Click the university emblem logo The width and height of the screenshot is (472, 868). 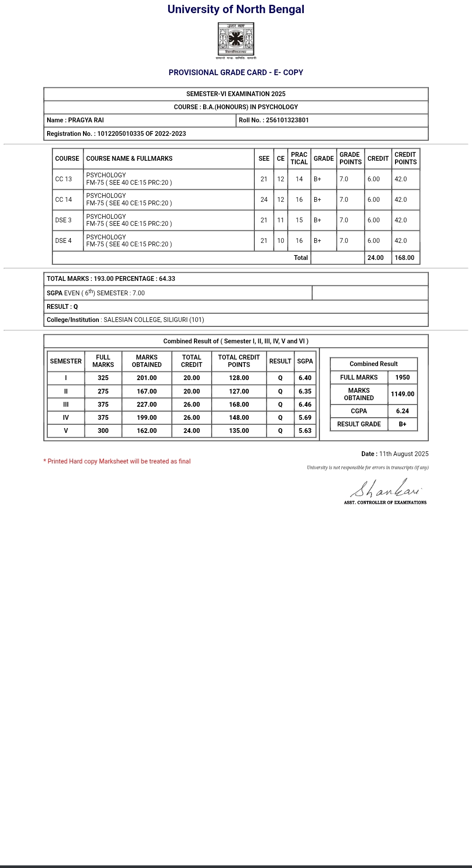point(236,40)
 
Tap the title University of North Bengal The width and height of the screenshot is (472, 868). point(236,10)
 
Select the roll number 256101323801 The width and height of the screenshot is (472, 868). point(287,120)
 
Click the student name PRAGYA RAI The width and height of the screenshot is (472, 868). point(86,120)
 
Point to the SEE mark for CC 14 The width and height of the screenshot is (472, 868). point(264,200)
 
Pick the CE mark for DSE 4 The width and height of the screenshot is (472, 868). point(281,241)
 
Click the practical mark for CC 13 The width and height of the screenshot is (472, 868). point(299,179)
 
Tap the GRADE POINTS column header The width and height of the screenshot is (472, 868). point(351,158)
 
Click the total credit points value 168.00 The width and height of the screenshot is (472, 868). point(404,258)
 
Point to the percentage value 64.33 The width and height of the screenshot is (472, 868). point(167,279)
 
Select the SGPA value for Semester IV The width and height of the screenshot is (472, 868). point(305,418)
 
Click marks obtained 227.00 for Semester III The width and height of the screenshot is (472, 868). point(147,405)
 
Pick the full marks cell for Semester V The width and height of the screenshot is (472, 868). point(103,431)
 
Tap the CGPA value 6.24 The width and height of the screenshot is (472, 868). point(403,411)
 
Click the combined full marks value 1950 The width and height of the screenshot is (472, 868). point(403,377)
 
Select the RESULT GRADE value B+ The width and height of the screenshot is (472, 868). point(403,424)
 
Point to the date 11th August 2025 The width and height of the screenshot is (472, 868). point(404,454)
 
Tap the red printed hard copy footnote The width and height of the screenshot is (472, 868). point(117,461)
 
